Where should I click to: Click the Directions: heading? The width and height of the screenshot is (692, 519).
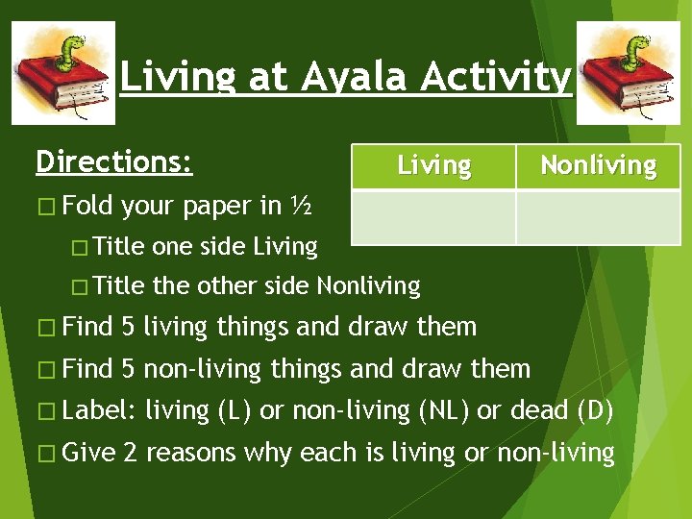[x=113, y=161]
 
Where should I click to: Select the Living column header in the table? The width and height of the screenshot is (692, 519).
[x=434, y=166]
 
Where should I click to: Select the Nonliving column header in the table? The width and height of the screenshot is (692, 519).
[x=598, y=166]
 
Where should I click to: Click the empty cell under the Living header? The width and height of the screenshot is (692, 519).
[x=434, y=216]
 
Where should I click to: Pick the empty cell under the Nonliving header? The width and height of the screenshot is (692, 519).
[x=598, y=216]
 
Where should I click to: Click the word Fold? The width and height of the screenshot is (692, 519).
[x=90, y=206]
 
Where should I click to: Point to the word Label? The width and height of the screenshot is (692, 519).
[x=102, y=410]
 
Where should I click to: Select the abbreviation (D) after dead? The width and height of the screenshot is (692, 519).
[x=593, y=410]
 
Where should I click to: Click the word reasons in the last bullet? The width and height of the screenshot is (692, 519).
[x=192, y=452]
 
